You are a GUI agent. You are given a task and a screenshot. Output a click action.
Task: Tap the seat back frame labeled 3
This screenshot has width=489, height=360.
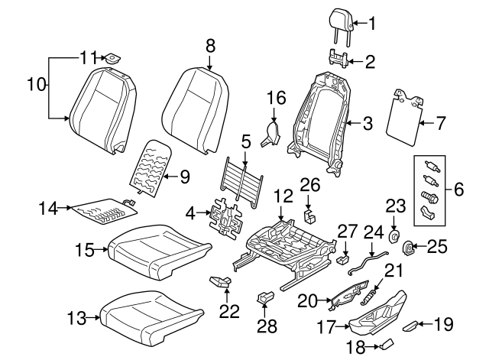click(321, 115)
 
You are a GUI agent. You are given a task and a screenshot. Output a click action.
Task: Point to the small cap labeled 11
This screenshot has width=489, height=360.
click(113, 58)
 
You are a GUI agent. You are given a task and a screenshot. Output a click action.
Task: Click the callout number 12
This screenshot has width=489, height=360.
click(283, 196)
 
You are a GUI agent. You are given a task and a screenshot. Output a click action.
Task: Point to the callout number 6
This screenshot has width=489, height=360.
click(458, 187)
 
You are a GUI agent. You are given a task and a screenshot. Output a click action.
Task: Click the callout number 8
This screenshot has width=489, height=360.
click(211, 47)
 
